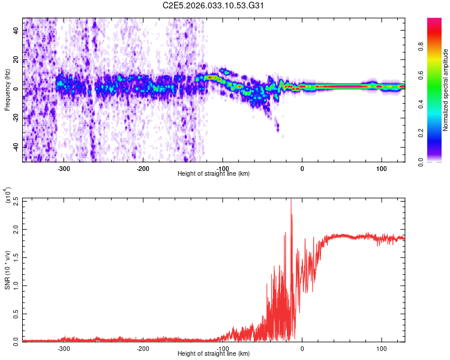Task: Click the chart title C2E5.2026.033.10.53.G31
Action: pyautogui.click(x=213, y=6)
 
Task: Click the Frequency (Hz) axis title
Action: pyautogui.click(x=7, y=89)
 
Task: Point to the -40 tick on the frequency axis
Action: pyautogui.click(x=14, y=147)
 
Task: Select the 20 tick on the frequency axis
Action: pyautogui.click(x=16, y=60)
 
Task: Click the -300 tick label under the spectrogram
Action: pyautogui.click(x=64, y=167)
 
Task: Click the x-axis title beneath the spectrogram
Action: pyautogui.click(x=214, y=174)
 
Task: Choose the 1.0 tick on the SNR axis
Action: pyautogui.click(x=16, y=286)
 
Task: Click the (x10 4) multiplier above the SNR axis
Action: pyautogui.click(x=7, y=196)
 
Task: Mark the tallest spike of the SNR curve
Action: pyautogui.click(x=291, y=200)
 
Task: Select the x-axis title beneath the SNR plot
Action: pyautogui.click(x=214, y=354)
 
